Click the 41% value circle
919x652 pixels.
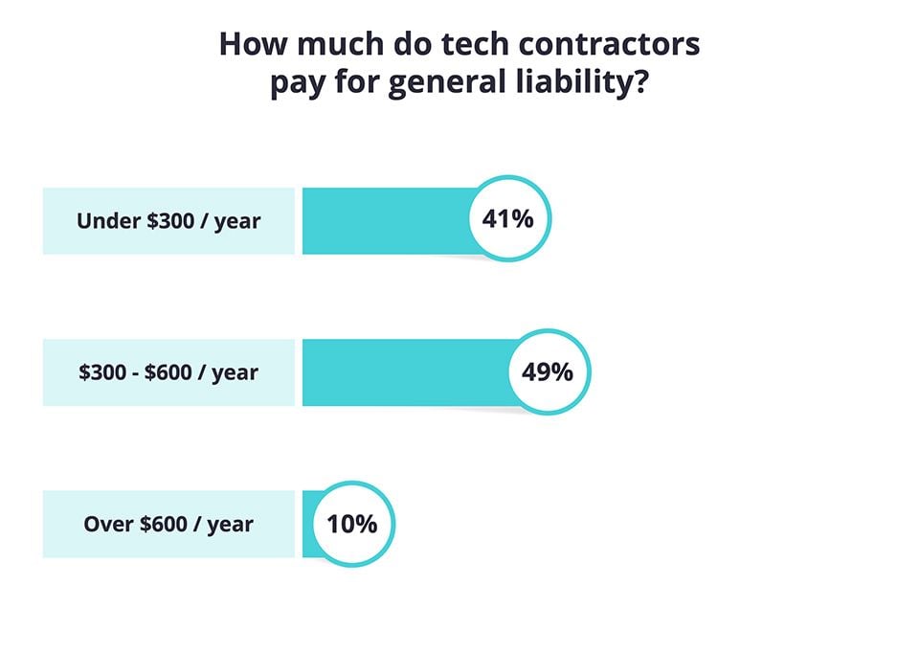(x=507, y=219)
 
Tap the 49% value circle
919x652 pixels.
(x=547, y=371)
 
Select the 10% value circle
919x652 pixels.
(x=351, y=524)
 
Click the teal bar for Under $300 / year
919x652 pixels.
(x=383, y=220)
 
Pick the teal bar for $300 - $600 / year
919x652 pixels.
(x=402, y=371)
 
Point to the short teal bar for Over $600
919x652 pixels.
(x=309, y=524)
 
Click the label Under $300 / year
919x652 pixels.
(x=168, y=221)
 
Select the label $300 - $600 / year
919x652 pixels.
(x=168, y=372)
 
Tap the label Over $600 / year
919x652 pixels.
(x=168, y=525)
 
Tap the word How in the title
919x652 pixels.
(x=250, y=45)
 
